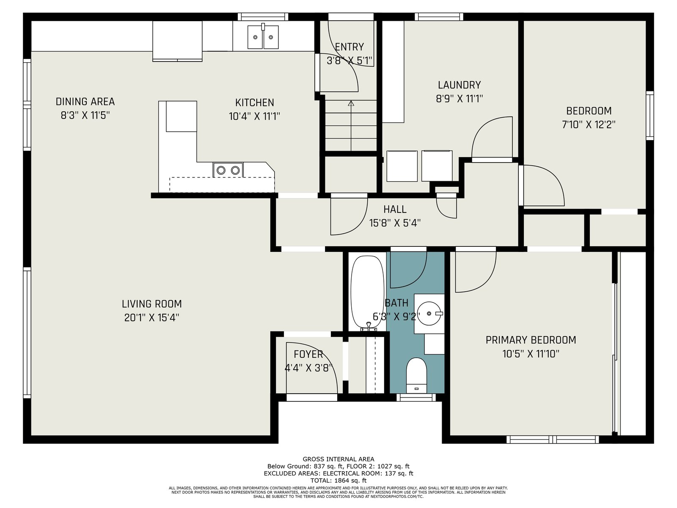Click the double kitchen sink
point(263,37)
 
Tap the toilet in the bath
point(416,375)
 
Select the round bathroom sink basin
point(429,313)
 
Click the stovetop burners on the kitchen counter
point(228,170)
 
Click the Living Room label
point(152,304)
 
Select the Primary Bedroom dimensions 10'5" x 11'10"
point(531,353)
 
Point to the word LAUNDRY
point(459,85)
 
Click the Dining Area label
point(85,102)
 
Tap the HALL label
point(395,210)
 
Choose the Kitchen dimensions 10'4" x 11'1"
point(254,116)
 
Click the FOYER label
point(308,354)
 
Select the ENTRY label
point(349,47)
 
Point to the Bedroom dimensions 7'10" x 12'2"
point(589,124)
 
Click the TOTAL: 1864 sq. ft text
point(338,480)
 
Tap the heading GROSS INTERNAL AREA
point(338,459)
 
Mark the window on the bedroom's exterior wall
point(650,116)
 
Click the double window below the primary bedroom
point(553,439)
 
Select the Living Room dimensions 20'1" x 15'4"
point(152,317)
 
